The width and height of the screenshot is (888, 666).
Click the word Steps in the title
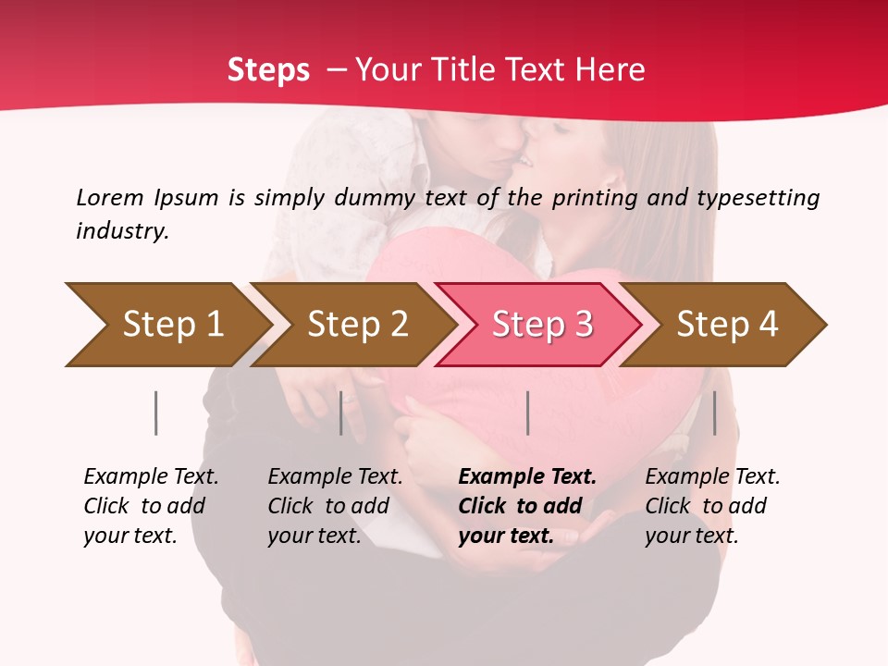pyautogui.click(x=268, y=70)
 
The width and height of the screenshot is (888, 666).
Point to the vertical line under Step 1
pyautogui.click(x=155, y=413)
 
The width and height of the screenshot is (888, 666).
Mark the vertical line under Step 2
pyautogui.click(x=341, y=413)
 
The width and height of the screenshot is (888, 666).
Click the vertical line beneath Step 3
pyautogui.click(x=527, y=413)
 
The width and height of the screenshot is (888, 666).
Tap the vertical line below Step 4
pyautogui.click(x=714, y=413)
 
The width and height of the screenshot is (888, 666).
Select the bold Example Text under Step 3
pyautogui.click(x=527, y=506)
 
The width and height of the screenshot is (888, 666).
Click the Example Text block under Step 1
pyautogui.click(x=151, y=506)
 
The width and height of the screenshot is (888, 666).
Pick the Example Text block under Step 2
pyautogui.click(x=335, y=506)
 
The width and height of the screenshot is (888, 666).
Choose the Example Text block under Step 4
pyautogui.click(x=712, y=506)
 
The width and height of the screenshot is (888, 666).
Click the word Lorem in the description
pyautogui.click(x=110, y=198)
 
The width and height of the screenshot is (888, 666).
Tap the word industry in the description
pyautogui.click(x=122, y=231)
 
